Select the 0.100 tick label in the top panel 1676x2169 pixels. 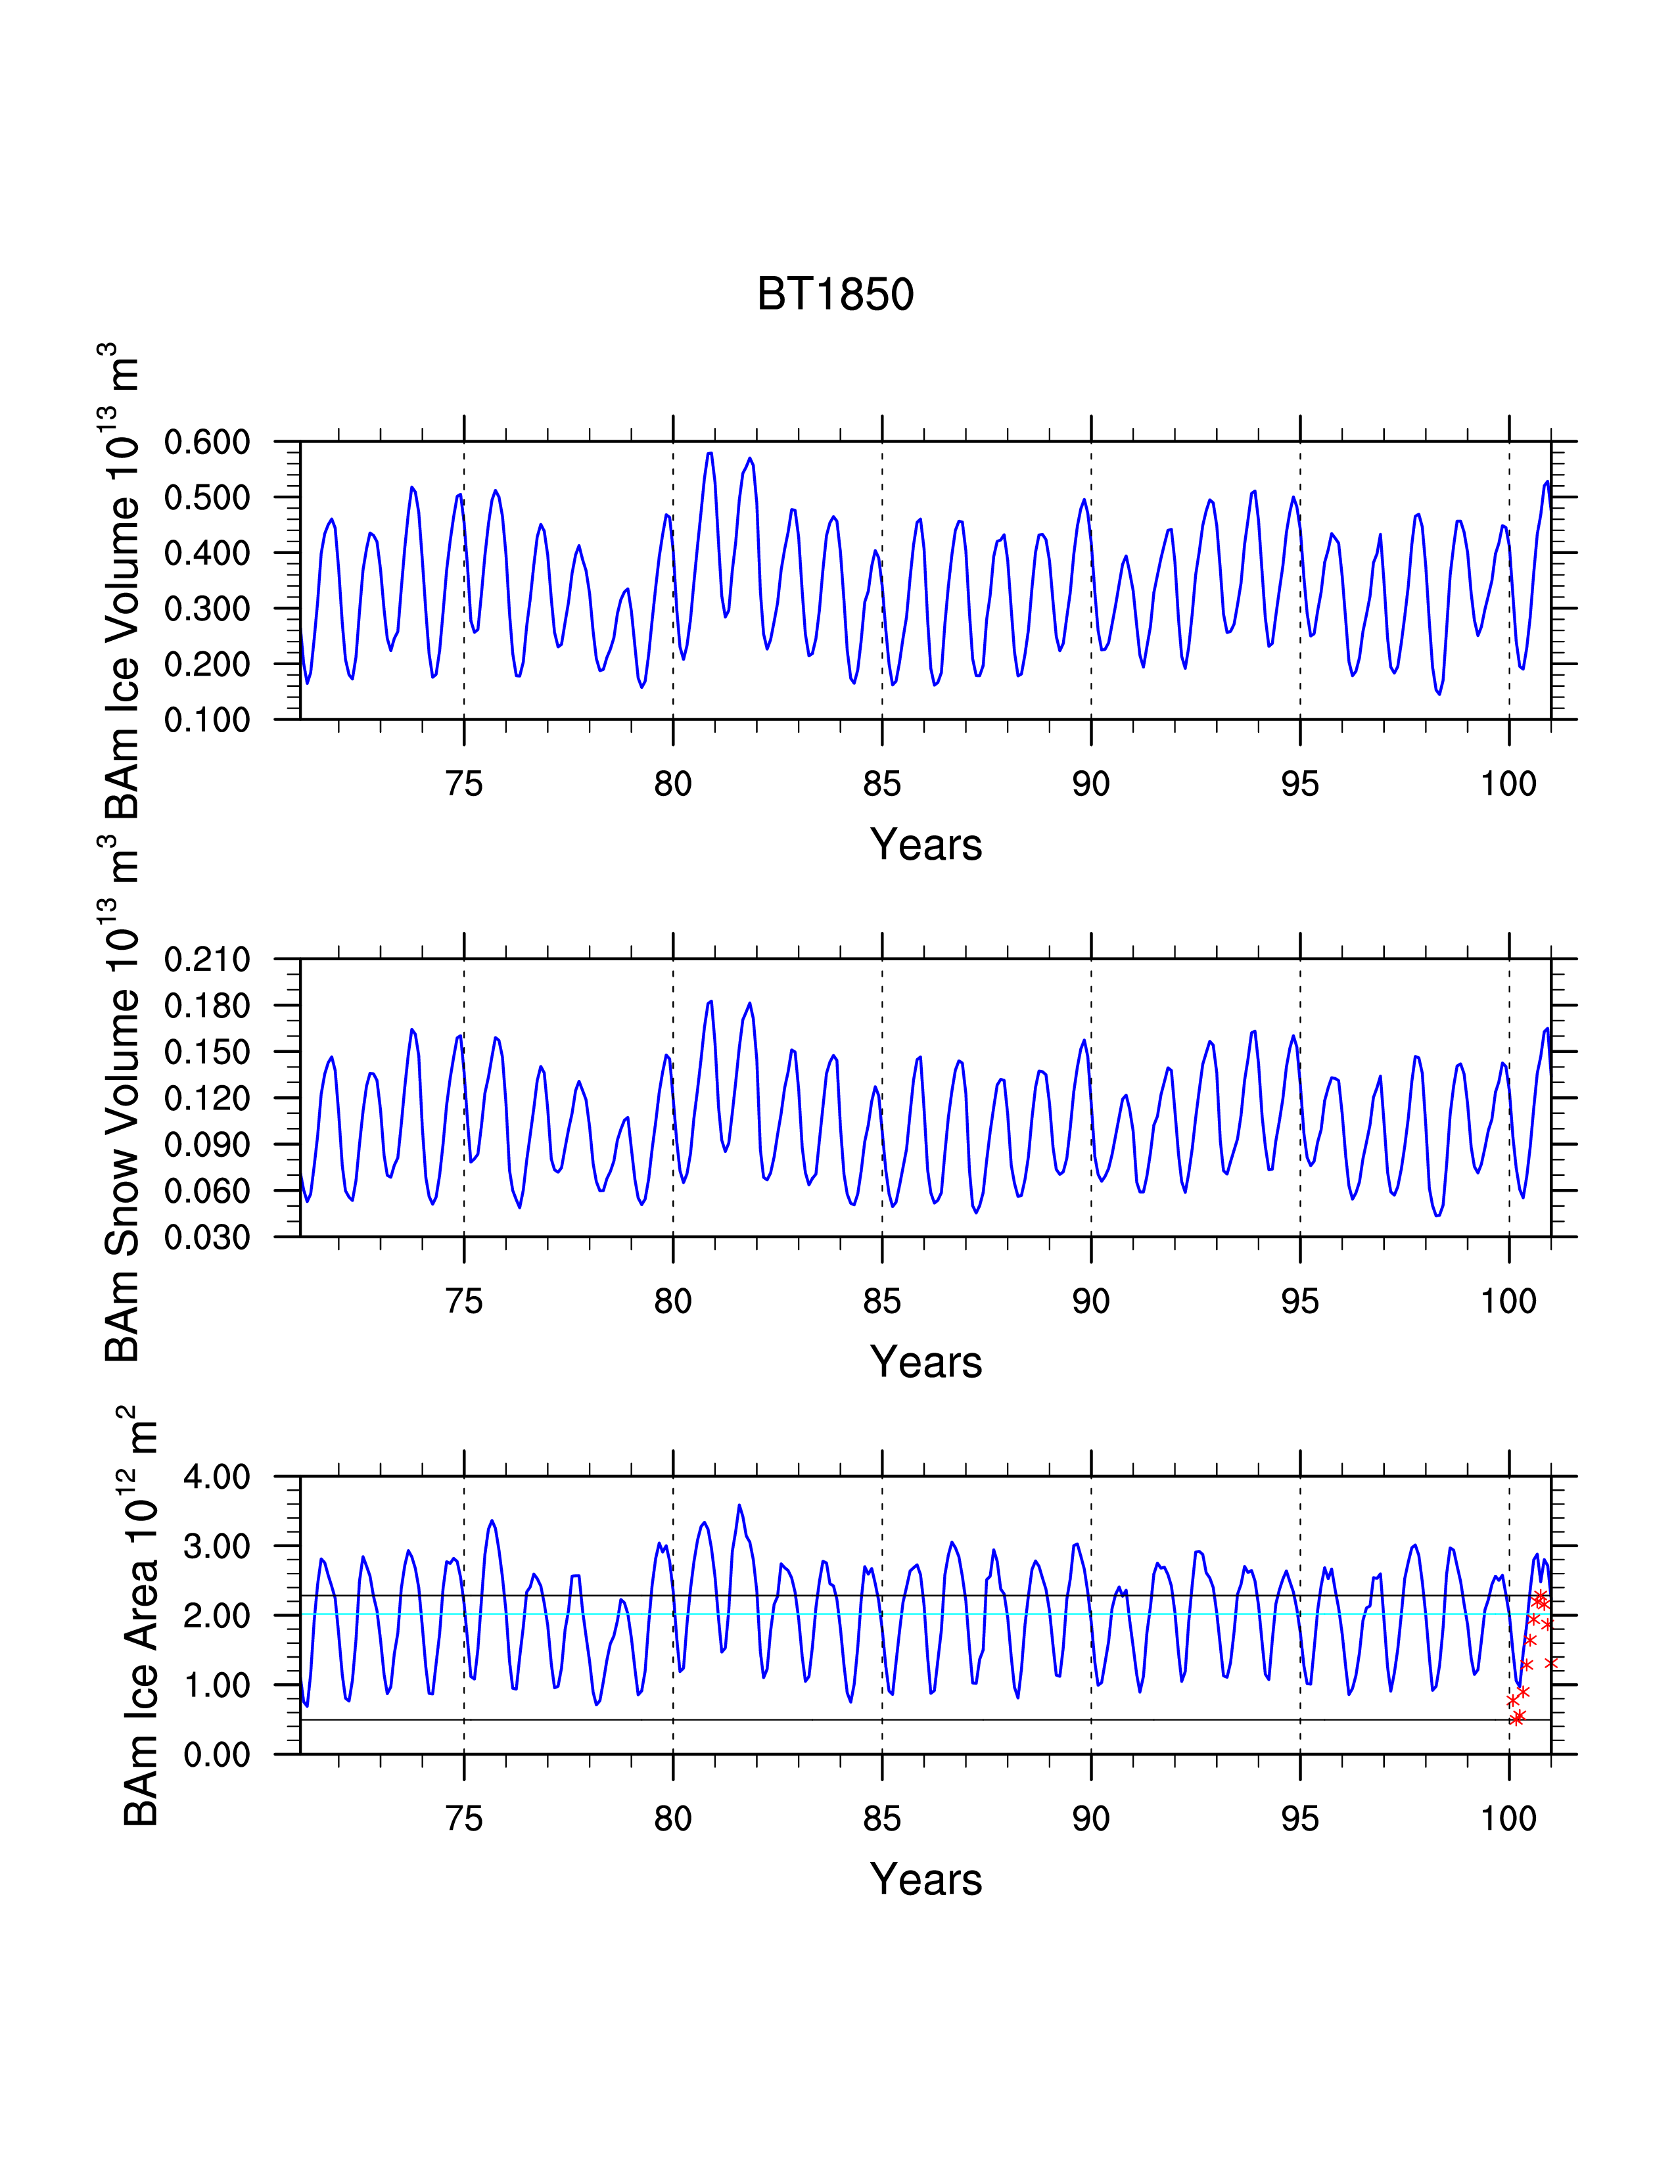pos(208,720)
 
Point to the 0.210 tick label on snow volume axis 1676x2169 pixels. pos(208,960)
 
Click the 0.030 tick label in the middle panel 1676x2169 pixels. pos(208,1238)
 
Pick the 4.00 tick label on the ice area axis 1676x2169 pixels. pos(216,1477)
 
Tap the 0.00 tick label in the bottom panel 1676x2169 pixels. pos(216,1755)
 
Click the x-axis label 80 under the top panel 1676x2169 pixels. pos(673,785)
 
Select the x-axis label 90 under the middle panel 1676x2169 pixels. pos(1091,1302)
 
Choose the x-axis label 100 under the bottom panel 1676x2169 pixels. pos(1509,1819)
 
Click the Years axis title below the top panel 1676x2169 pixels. pos(926,845)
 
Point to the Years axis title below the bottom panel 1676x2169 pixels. pos(926,1880)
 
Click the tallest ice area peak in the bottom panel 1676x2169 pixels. pos(739,1506)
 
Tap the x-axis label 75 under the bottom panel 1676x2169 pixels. pos(463,1819)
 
